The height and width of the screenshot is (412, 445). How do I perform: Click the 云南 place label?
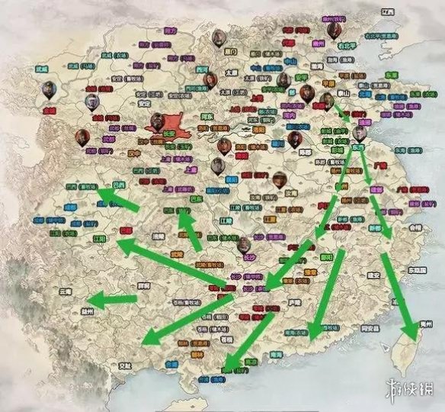pyautogui.click(x=64, y=291)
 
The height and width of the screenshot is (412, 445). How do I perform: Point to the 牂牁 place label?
pyautogui.click(x=142, y=285)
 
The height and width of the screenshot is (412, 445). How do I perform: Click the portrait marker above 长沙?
pyautogui.click(x=243, y=244)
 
